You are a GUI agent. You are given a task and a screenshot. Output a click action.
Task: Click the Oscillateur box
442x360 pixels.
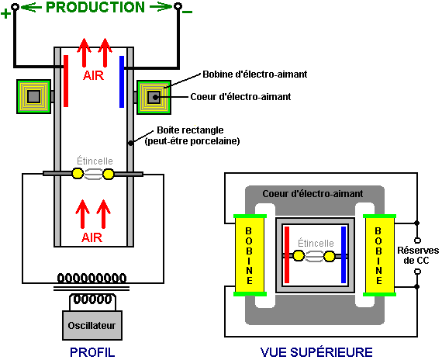[92, 325]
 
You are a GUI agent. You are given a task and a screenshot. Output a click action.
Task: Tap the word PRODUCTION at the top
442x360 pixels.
[95, 7]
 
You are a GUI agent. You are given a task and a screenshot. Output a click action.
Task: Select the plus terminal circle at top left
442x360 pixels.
[16, 6]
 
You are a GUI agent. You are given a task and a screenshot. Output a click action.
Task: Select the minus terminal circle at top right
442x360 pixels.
[178, 6]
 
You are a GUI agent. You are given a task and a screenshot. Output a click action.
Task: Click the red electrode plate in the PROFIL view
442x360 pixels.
[66, 81]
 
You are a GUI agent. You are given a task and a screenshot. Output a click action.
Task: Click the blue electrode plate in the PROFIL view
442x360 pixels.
[122, 81]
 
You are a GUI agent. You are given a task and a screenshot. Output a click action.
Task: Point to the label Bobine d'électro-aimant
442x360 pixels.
[255, 74]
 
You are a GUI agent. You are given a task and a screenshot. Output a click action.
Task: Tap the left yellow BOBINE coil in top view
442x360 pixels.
[250, 255]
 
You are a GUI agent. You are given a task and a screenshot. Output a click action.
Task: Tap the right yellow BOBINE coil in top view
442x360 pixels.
[379, 255]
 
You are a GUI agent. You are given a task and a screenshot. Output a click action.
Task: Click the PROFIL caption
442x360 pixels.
[92, 352]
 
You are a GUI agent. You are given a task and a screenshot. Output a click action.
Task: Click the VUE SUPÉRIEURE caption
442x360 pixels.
[316, 352]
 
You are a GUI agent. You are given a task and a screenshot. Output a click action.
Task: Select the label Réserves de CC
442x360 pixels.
[418, 255]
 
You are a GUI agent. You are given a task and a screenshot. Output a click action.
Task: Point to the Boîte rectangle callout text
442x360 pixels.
[192, 136]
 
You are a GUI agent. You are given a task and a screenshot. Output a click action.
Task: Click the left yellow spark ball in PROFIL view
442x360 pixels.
[78, 174]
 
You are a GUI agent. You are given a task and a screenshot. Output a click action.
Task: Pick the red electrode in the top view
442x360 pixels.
[287, 254]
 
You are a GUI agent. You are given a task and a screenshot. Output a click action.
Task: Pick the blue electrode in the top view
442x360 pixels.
[344, 254]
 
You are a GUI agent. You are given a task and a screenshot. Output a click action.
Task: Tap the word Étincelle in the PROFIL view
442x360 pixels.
[95, 161]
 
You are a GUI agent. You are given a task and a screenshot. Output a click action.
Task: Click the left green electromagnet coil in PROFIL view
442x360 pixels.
[33, 97]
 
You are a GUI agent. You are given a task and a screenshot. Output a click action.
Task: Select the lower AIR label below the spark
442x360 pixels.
[92, 238]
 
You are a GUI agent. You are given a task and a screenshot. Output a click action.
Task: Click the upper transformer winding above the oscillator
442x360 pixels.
[92, 279]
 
